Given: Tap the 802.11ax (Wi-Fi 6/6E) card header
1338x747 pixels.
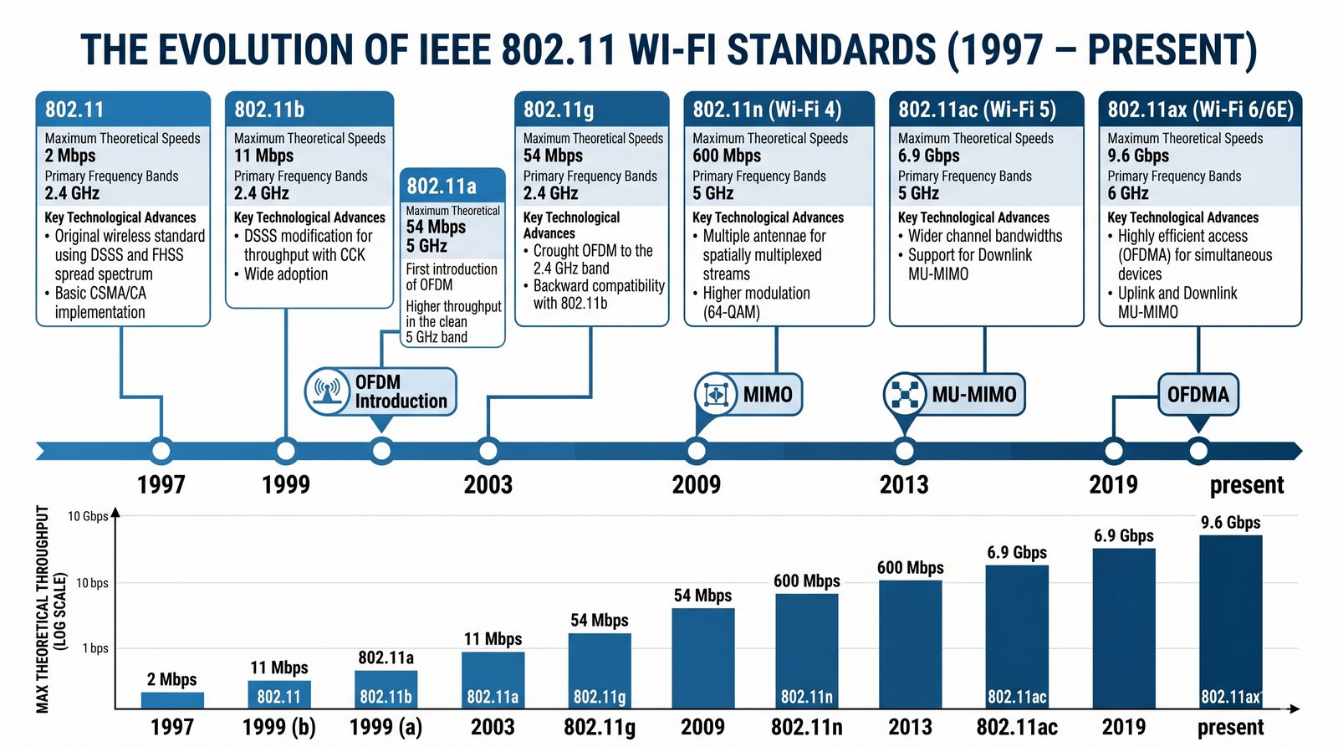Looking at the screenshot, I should click(1200, 110).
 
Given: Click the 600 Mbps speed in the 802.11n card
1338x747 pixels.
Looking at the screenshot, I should click(726, 156).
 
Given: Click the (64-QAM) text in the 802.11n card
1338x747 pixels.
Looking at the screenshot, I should click(731, 312).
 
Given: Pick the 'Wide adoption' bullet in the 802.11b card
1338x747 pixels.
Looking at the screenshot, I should click(285, 274).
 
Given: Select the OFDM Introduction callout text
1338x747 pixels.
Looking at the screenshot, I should click(401, 391).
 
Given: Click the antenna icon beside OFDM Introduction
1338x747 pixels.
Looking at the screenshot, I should click(327, 391).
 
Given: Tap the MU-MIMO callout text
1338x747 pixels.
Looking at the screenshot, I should click(974, 394).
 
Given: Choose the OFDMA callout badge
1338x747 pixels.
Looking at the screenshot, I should click(1198, 394).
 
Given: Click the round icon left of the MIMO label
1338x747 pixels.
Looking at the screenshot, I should click(715, 394).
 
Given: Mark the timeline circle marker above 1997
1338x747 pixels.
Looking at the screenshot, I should click(161, 451).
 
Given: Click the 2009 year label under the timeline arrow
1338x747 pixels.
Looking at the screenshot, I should click(696, 484).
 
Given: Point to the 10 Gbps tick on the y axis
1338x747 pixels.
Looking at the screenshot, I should click(88, 516).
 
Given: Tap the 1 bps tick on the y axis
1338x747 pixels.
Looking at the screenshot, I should click(95, 648).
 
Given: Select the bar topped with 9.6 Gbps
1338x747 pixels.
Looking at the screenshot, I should click(1230, 621).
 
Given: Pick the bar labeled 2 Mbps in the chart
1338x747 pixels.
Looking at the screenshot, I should click(172, 700).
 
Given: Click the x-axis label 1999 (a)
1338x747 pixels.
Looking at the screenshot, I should click(386, 727).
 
